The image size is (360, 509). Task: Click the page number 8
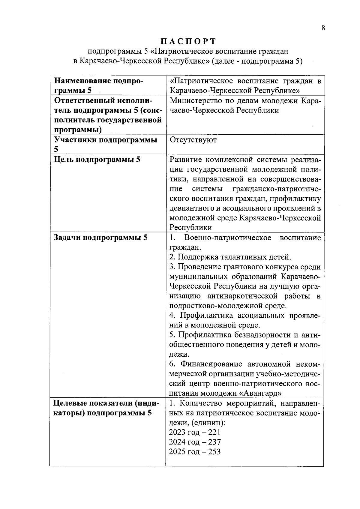[323, 28]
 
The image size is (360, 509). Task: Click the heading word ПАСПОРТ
[188, 41]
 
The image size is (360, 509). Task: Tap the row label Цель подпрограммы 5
[97, 160]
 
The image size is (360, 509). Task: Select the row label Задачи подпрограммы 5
[100, 238]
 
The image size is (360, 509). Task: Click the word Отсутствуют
[193, 140]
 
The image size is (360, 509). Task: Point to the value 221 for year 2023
[215, 432]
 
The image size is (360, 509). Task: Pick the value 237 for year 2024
[215, 442]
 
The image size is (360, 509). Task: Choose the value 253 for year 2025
[215, 451]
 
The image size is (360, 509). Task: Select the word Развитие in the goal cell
[186, 160]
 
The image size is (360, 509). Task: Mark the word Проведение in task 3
[199, 267]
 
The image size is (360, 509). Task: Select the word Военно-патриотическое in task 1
[228, 238]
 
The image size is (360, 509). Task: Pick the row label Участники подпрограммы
[105, 140]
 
